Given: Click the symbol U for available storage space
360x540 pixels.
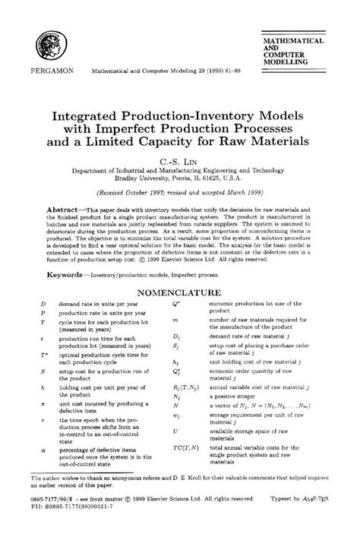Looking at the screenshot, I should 176,430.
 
